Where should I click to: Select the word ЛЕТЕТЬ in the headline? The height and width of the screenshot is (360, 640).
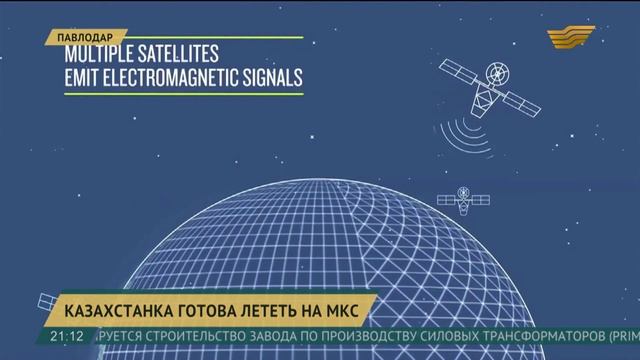click(279, 306)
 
